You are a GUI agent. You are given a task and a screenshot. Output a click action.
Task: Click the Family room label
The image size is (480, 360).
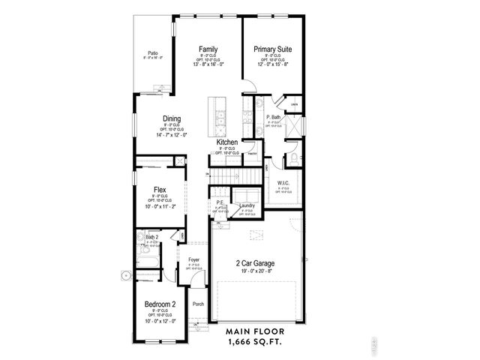[x=208, y=49]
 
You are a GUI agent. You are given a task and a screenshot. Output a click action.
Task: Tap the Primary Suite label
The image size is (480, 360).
[x=271, y=49]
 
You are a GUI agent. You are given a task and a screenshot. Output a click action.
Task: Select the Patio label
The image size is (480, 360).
[x=152, y=52]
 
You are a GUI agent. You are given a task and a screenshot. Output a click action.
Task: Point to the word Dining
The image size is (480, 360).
[x=172, y=118]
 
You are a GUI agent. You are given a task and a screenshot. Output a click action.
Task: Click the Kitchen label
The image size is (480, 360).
[x=227, y=142]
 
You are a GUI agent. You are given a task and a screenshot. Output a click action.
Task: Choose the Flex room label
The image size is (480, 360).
[x=159, y=190]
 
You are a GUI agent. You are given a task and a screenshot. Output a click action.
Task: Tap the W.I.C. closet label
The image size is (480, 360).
[x=283, y=182]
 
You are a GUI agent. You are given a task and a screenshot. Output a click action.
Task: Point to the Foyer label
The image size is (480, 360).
[x=193, y=259]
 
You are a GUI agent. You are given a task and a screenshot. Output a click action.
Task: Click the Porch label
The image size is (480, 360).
[x=198, y=304]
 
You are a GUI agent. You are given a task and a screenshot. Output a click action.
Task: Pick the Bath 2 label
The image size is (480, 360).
[x=152, y=237]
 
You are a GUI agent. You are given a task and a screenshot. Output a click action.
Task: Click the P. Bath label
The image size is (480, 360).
[x=273, y=118]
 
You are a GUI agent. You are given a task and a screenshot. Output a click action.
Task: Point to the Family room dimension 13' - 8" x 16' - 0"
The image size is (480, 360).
[x=208, y=64]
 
